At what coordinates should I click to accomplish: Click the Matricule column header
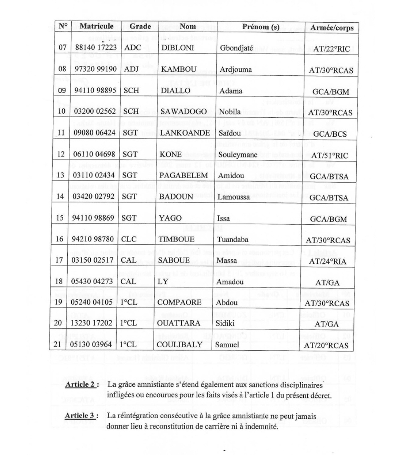[96, 26]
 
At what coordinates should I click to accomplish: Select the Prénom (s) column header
[261, 27]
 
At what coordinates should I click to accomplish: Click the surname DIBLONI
[178, 48]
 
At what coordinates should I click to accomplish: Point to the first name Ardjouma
[236, 69]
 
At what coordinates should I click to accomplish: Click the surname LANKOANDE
[184, 133]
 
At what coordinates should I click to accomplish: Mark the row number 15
[61, 218]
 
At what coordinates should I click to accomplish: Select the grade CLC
[130, 239]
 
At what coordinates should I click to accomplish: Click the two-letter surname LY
[163, 282]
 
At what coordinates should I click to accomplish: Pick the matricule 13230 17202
[92, 323]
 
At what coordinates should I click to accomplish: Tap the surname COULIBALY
[180, 344]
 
